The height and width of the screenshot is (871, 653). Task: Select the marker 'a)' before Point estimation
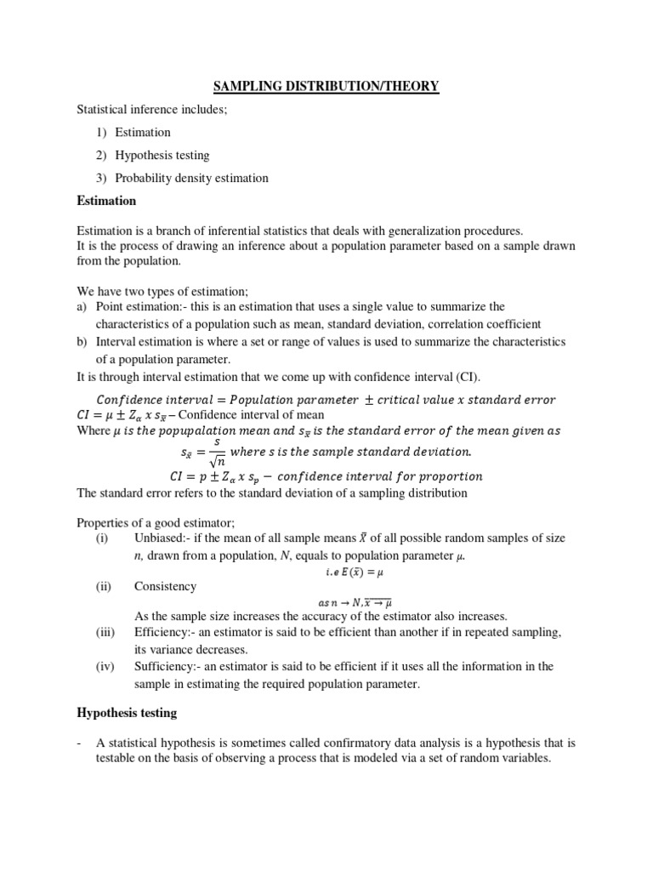click(x=82, y=306)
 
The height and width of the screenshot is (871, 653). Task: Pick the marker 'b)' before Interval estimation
click(x=82, y=340)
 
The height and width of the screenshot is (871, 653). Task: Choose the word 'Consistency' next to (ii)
click(x=165, y=586)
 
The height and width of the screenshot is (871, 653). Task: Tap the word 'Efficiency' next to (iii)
click(x=162, y=632)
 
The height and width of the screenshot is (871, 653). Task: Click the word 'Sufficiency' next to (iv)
click(x=164, y=666)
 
